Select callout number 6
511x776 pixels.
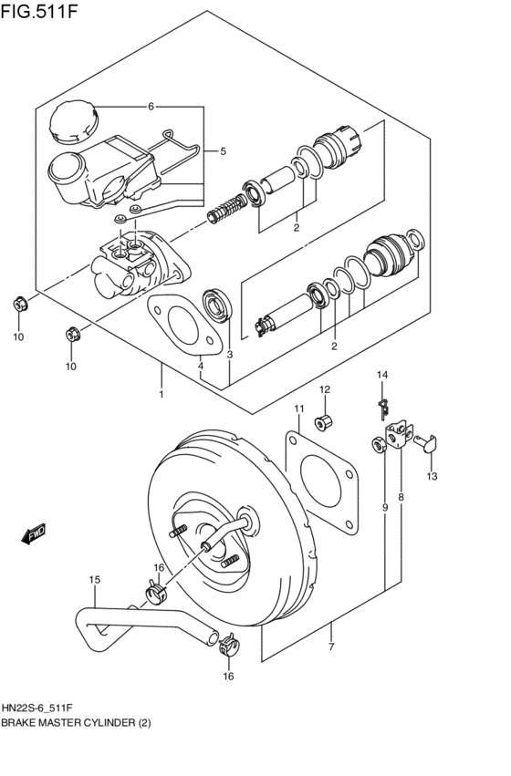pyautogui.click(x=151, y=106)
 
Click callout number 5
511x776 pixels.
pyautogui.click(x=221, y=151)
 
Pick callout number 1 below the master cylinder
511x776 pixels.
pyautogui.click(x=161, y=395)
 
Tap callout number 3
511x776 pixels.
pyautogui.click(x=230, y=355)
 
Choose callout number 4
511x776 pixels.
pyautogui.click(x=202, y=367)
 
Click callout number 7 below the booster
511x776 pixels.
pyautogui.click(x=331, y=647)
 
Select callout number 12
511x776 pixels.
pyautogui.click(x=324, y=390)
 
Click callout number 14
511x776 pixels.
pyautogui.click(x=383, y=375)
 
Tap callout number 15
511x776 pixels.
pyautogui.click(x=94, y=579)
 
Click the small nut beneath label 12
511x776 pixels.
pyautogui.click(x=323, y=422)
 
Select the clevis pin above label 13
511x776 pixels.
pyautogui.click(x=429, y=443)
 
